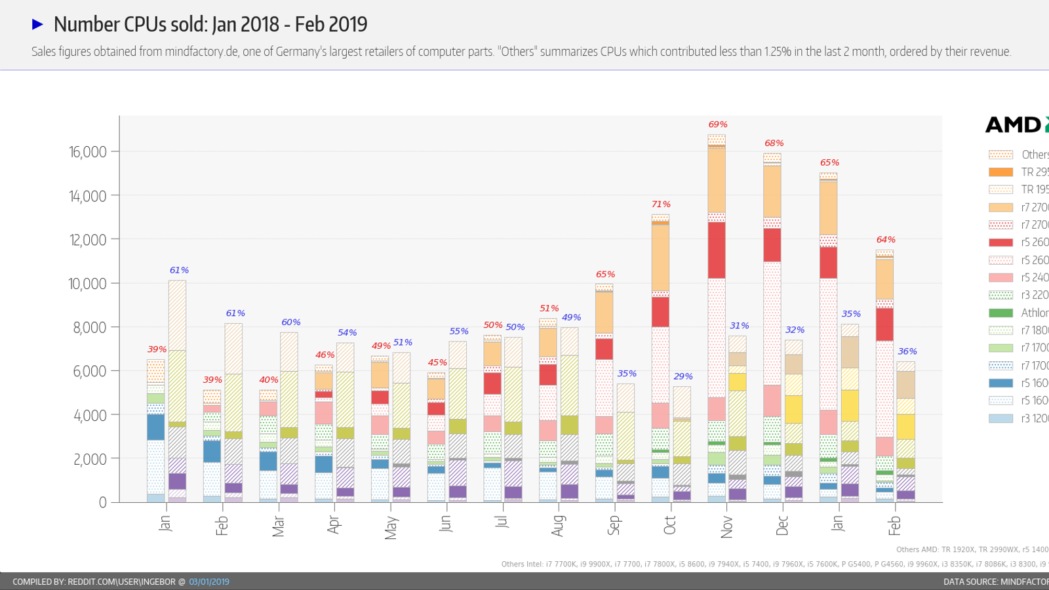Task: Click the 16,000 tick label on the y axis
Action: point(87,152)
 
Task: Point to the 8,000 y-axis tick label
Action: point(89,327)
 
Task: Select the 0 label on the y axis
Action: point(102,503)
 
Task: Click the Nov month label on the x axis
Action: point(726,526)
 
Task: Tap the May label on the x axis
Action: point(391,527)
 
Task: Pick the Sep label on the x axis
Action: point(614,525)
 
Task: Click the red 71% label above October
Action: point(661,205)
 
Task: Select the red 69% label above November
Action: point(718,125)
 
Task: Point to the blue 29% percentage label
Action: point(683,376)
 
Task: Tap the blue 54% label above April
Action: point(347,333)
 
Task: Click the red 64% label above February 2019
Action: point(886,240)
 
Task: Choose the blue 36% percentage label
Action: point(907,351)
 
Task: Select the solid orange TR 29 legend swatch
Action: point(1000,172)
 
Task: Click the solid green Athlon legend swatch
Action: point(1000,313)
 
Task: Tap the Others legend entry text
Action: point(1035,155)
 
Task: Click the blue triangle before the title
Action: point(37,24)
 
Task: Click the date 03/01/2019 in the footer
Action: point(209,581)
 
